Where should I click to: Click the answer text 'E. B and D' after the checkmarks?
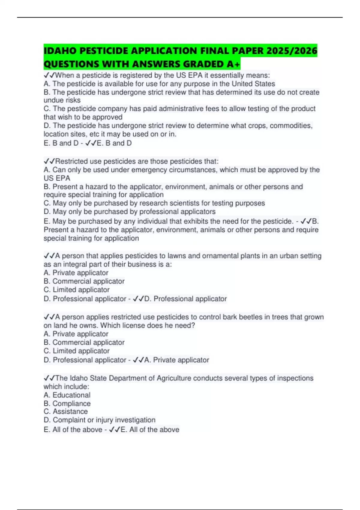(114, 143)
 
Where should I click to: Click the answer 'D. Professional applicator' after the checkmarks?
(185, 299)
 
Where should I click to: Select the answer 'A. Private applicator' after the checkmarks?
(177, 360)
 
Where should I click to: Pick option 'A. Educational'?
(67, 395)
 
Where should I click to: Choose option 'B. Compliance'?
(67, 403)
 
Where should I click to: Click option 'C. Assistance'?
(66, 412)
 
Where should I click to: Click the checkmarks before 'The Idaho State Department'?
(49, 378)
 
